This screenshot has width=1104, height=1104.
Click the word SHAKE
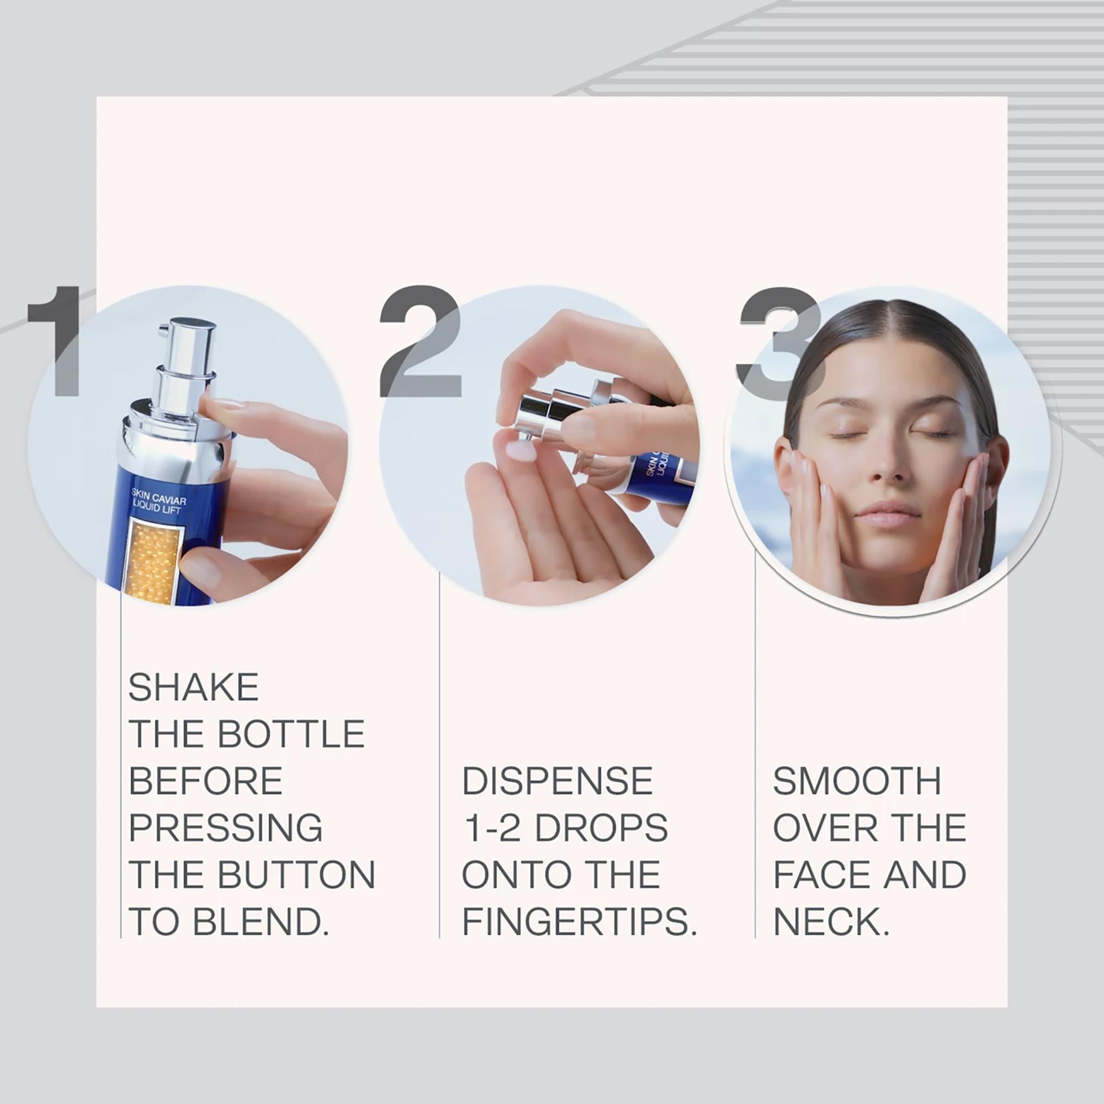(193, 687)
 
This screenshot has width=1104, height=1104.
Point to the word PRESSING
(226, 828)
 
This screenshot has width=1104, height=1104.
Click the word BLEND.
(261, 922)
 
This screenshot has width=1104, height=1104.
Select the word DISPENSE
(557, 781)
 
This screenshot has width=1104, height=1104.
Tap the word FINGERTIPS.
(579, 922)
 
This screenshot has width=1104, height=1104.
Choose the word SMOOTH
(857, 781)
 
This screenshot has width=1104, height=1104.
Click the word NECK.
(830, 922)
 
